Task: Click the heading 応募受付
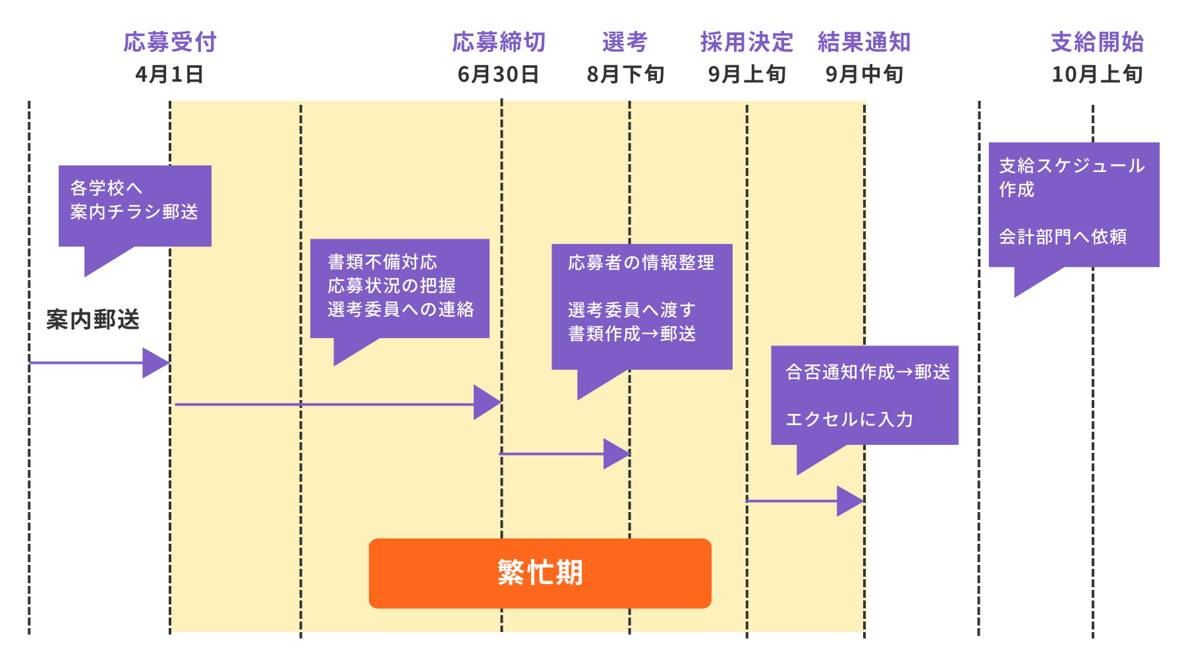[170, 42]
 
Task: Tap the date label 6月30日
[499, 74]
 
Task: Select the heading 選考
[625, 42]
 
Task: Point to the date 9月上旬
[747, 74]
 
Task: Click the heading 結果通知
[864, 42]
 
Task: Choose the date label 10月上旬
[1097, 74]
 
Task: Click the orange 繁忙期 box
[540, 573]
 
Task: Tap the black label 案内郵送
[93, 320]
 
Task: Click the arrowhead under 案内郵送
[156, 362]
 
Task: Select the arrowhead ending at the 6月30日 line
[487, 402]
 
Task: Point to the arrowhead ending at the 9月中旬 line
[849, 501]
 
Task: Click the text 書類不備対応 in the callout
[382, 262]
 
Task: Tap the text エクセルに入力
[849, 419]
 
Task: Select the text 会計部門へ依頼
[1062, 237]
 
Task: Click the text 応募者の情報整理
[640, 263]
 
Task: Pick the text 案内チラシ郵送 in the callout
[134, 212]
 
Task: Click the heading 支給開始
[1097, 42]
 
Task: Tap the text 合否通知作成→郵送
[867, 372]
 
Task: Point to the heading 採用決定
[747, 42]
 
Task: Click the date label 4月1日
[169, 74]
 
